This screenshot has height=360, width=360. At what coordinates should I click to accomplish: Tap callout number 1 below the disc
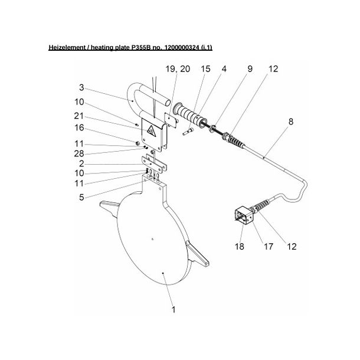pyautogui.click(x=173, y=309)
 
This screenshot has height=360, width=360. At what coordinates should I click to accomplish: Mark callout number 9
pyautogui.click(x=250, y=70)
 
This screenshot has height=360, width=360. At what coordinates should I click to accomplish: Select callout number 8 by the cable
pyautogui.click(x=290, y=125)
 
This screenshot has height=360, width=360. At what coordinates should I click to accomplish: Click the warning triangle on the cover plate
pyautogui.click(x=152, y=132)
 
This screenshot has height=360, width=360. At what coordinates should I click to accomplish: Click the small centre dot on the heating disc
pyautogui.click(x=152, y=239)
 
